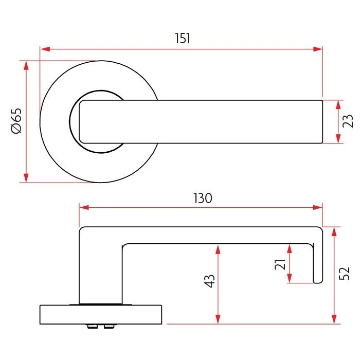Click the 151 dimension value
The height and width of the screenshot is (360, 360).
183,38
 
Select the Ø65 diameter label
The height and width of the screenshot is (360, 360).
16,121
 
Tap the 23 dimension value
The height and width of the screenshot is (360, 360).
348,121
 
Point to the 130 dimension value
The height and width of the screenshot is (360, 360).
202,198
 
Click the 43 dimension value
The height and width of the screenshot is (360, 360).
210,281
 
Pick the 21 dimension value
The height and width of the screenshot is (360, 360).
280,264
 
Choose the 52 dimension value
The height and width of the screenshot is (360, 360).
345,273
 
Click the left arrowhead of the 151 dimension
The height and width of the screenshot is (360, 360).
45,49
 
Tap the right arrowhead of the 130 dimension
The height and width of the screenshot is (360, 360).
317,207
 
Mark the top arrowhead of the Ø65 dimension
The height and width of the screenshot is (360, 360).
26,65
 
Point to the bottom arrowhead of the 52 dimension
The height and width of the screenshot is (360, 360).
335,319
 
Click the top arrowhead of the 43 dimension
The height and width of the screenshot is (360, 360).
218,249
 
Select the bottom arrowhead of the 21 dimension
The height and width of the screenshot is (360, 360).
290,278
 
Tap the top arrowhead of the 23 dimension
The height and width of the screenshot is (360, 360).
338,104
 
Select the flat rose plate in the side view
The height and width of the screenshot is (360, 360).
101,315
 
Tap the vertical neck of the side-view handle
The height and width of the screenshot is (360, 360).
101,273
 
